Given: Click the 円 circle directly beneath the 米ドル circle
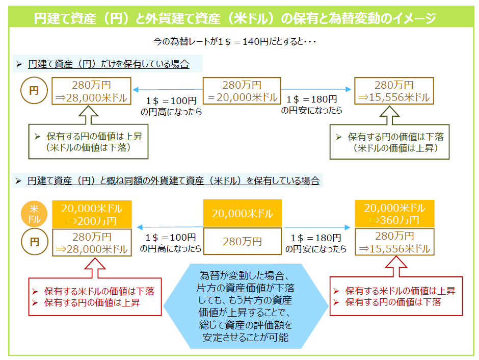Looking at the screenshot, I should pyautogui.click(x=34, y=242).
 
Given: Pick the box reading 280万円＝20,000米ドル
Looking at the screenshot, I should pyautogui.click(x=242, y=91).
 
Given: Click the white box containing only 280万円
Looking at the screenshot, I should pyautogui.click(x=242, y=241).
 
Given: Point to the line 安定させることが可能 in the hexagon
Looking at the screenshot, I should pyautogui.click(x=245, y=337).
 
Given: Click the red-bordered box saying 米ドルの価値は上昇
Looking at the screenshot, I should pyautogui.click(x=396, y=296).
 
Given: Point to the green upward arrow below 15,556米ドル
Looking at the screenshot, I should pyautogui.click(x=393, y=115).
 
